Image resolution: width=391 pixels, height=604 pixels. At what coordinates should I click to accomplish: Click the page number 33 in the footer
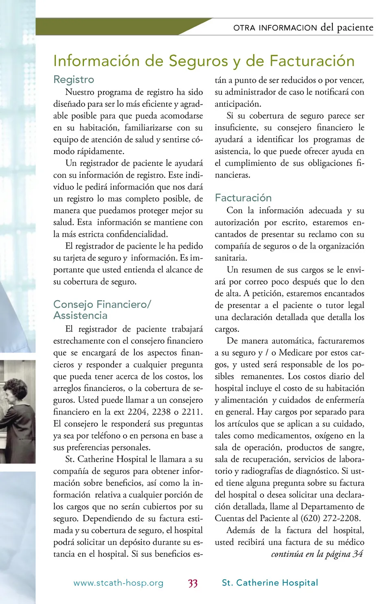click(x=193, y=583)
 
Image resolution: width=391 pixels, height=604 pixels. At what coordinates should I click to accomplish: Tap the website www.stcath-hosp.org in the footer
click(x=119, y=583)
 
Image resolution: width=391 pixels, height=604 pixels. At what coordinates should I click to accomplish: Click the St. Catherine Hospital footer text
click(x=270, y=583)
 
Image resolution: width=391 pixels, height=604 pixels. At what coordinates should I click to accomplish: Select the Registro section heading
click(x=74, y=79)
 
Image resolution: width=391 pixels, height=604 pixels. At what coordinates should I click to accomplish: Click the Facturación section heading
click(x=243, y=198)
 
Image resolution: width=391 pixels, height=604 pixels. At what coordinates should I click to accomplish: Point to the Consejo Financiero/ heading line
click(x=102, y=304)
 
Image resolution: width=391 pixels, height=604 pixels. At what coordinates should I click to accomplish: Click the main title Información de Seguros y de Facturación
click(x=204, y=61)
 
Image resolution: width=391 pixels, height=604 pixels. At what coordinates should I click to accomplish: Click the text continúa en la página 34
click(x=317, y=554)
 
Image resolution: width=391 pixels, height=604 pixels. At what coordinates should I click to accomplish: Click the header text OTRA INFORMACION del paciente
click(x=303, y=28)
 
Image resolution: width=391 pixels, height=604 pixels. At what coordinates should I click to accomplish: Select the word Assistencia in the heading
click(x=80, y=316)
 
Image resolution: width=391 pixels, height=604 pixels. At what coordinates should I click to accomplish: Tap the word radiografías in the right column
click(x=266, y=471)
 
